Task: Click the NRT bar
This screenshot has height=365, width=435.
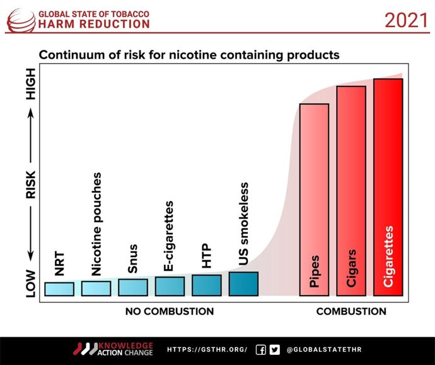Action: click(x=59, y=289)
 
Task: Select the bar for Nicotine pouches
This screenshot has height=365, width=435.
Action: click(x=96, y=288)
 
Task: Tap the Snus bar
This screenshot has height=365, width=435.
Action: click(x=132, y=287)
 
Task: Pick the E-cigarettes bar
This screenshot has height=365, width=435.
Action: click(x=170, y=286)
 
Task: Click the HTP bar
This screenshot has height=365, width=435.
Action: click(x=207, y=285)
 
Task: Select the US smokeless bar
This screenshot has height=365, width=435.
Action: click(x=243, y=284)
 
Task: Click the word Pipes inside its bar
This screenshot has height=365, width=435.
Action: click(x=315, y=271)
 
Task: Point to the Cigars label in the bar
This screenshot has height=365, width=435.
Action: click(x=351, y=268)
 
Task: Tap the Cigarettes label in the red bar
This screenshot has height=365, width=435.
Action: click(x=388, y=256)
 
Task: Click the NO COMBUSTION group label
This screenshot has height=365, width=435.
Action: click(x=170, y=311)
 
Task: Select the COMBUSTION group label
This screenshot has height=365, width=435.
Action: click(x=351, y=311)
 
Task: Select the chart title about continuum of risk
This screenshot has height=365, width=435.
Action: click(x=189, y=55)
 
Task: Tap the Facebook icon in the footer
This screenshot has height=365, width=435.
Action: click(x=260, y=349)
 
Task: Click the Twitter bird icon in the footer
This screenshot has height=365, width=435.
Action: click(x=274, y=349)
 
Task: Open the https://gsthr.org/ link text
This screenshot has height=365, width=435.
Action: click(x=207, y=349)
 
